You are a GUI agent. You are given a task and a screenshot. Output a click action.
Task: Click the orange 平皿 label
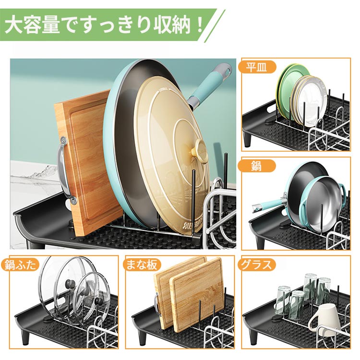(257, 67)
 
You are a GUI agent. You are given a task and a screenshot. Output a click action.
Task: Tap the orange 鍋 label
(257, 166)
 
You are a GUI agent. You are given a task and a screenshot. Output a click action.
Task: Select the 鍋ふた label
(20, 265)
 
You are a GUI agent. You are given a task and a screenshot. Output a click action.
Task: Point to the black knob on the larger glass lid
(69, 285)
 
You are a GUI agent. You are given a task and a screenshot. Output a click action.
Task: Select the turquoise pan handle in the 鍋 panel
(269, 204)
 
